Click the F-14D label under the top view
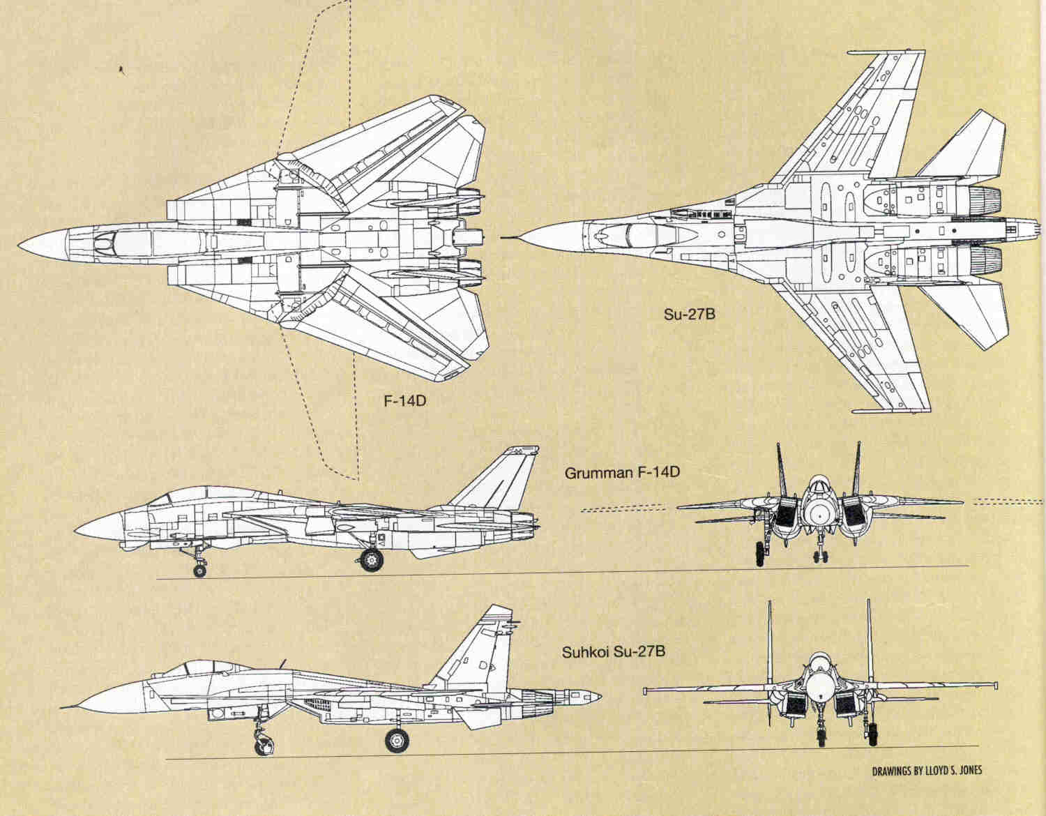click(404, 402)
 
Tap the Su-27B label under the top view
click(689, 314)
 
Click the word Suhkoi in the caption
click(586, 653)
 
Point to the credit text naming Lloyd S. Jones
click(927, 771)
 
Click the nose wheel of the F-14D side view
click(200, 571)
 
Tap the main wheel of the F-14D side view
click(371, 560)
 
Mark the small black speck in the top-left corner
click(121, 68)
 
